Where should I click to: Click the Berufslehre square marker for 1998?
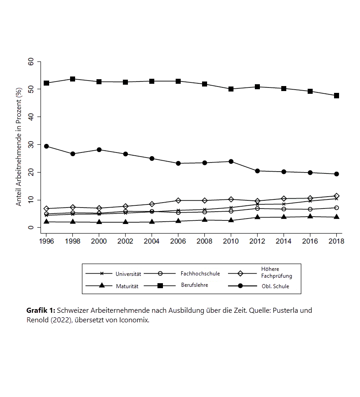click(x=72, y=79)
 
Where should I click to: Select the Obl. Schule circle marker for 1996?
click(x=46, y=146)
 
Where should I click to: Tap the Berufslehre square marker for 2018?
click(x=336, y=96)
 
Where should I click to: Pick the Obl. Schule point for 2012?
click(x=257, y=171)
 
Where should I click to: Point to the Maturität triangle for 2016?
click(x=310, y=216)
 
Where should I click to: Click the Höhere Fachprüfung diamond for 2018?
click(x=336, y=196)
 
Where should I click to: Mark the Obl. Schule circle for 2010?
click(x=231, y=161)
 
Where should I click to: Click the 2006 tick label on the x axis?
click(x=178, y=241)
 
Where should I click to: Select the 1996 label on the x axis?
click(x=46, y=241)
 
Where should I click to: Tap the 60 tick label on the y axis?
click(x=31, y=61)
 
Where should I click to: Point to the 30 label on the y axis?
click(x=31, y=145)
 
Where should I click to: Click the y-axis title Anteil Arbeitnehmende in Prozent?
click(x=19, y=147)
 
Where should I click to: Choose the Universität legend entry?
click(x=128, y=274)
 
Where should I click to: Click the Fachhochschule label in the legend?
click(x=200, y=274)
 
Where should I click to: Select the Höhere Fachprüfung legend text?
click(x=276, y=272)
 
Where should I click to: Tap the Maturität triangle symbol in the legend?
click(x=101, y=285)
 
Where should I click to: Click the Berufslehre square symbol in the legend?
click(x=160, y=286)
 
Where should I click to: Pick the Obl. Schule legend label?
click(x=275, y=286)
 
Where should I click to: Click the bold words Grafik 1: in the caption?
click(x=41, y=310)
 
